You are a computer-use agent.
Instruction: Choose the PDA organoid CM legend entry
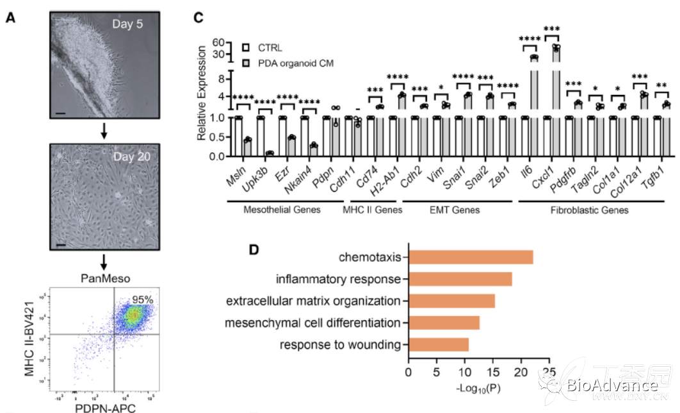tap(296, 63)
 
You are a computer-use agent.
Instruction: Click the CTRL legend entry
tap(270, 47)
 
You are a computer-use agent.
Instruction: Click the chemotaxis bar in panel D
tap(471, 258)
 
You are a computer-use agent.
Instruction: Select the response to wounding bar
tap(439, 345)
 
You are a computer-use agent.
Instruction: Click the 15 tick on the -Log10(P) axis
tap(492, 371)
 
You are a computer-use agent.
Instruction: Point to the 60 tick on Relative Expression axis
tap(217, 42)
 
